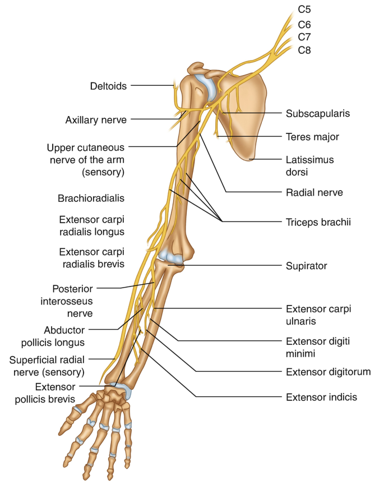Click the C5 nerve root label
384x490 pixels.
[x=304, y=10]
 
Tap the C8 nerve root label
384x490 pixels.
[x=304, y=50]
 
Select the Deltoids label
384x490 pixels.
[x=108, y=86]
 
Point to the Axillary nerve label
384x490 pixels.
[x=95, y=119]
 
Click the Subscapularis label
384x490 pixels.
[x=318, y=113]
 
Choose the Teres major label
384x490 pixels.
[x=312, y=136]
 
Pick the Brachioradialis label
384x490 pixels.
[x=91, y=198]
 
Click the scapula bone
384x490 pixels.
[x=241, y=112]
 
